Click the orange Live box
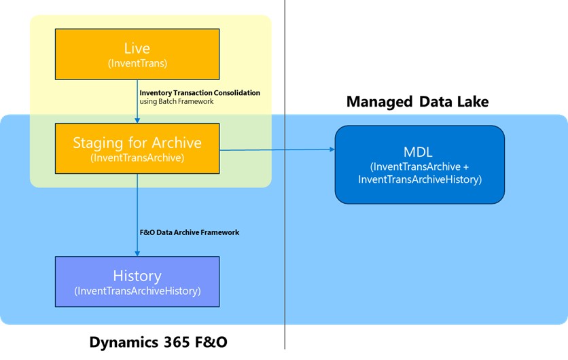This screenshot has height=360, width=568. [137, 54]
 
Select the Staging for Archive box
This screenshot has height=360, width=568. [137, 149]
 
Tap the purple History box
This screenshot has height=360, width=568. [137, 282]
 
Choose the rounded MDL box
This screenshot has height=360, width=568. [419, 164]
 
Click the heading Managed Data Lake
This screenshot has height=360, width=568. [417, 102]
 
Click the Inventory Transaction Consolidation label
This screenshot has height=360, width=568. [199, 92]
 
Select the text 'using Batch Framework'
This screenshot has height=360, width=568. [176, 101]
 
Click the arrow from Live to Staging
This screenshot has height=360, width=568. [137, 102]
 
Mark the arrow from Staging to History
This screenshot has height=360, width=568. [137, 214]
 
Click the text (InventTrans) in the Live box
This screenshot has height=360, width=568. [137, 63]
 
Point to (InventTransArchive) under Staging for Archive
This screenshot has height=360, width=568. [137, 158]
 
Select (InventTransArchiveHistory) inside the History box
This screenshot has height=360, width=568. [137, 291]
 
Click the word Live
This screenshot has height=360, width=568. [137, 48]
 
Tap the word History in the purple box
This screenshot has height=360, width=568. [137, 276]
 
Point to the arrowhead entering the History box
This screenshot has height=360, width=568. [137, 253]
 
